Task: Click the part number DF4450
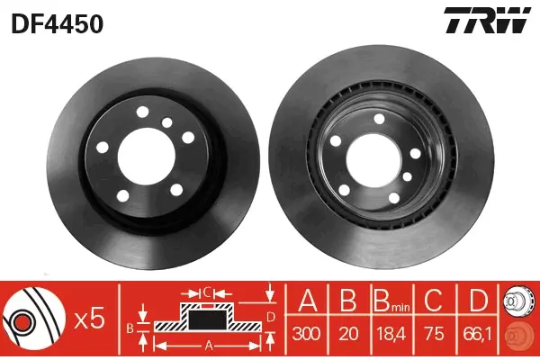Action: coord(58,24)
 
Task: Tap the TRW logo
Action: coord(487,20)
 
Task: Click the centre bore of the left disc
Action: coord(147,157)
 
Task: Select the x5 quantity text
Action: coord(90,319)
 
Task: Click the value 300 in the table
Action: coord(307,334)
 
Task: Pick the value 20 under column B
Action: coord(348,334)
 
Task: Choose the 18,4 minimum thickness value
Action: coord(391,334)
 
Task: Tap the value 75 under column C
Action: coord(434,334)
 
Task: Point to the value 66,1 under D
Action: coord(477,334)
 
